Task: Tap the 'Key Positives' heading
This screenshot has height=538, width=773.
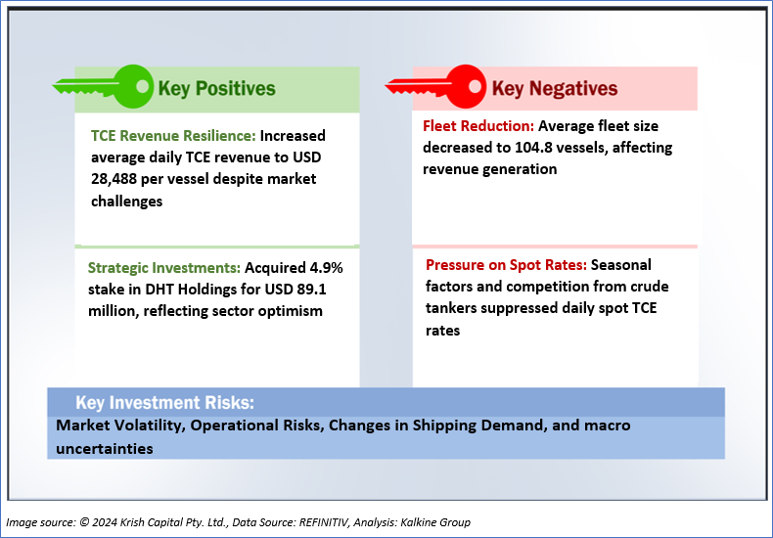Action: coord(217,88)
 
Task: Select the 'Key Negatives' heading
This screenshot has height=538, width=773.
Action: coord(555,88)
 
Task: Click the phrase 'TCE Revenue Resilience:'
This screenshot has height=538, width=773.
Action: coord(173,136)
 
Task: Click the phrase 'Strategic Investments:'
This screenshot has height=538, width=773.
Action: coord(164,268)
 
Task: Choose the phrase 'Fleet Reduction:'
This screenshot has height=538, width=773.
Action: coord(478,126)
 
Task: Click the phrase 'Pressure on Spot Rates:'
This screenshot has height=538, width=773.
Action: coord(505,265)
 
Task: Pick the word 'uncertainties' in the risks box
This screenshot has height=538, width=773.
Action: coord(105,448)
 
